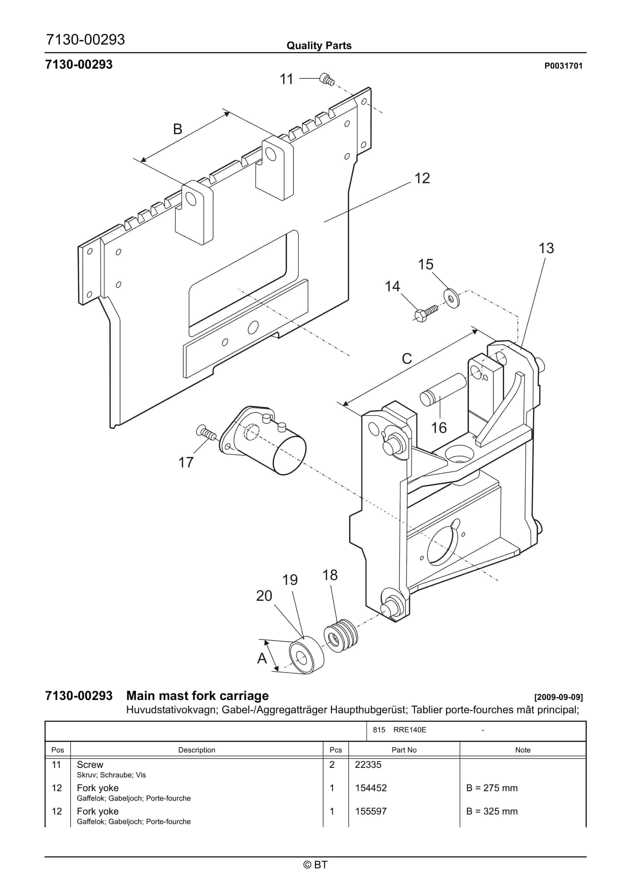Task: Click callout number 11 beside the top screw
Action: (286, 79)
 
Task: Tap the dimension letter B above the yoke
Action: (177, 129)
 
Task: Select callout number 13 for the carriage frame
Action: (546, 248)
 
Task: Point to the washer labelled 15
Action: (451, 298)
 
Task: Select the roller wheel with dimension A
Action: (306, 655)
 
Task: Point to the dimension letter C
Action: (406, 358)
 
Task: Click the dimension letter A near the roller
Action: (262, 658)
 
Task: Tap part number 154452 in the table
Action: (371, 788)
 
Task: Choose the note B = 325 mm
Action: (492, 811)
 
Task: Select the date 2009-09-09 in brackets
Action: (558, 697)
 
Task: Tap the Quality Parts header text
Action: (319, 46)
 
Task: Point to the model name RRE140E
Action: (410, 730)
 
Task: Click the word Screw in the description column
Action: (90, 765)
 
